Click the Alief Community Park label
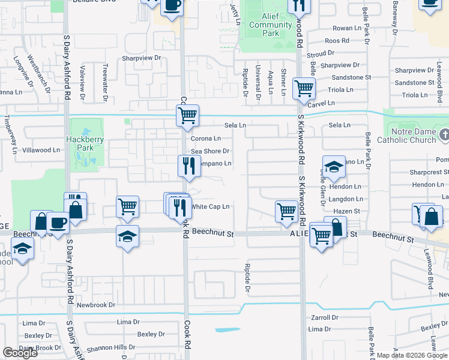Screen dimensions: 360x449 click(x=270, y=25)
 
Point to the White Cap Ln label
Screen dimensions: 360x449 click(x=210, y=207)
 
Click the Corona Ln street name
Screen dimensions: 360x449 click(x=206, y=139)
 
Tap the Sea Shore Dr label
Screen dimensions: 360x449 click(x=210, y=151)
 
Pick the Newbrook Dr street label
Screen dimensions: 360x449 click(x=95, y=305)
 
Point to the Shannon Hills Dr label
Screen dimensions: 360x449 click(x=111, y=347)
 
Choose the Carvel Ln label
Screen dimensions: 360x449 click(x=322, y=104)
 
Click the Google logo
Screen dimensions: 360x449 click(x=20, y=353)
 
